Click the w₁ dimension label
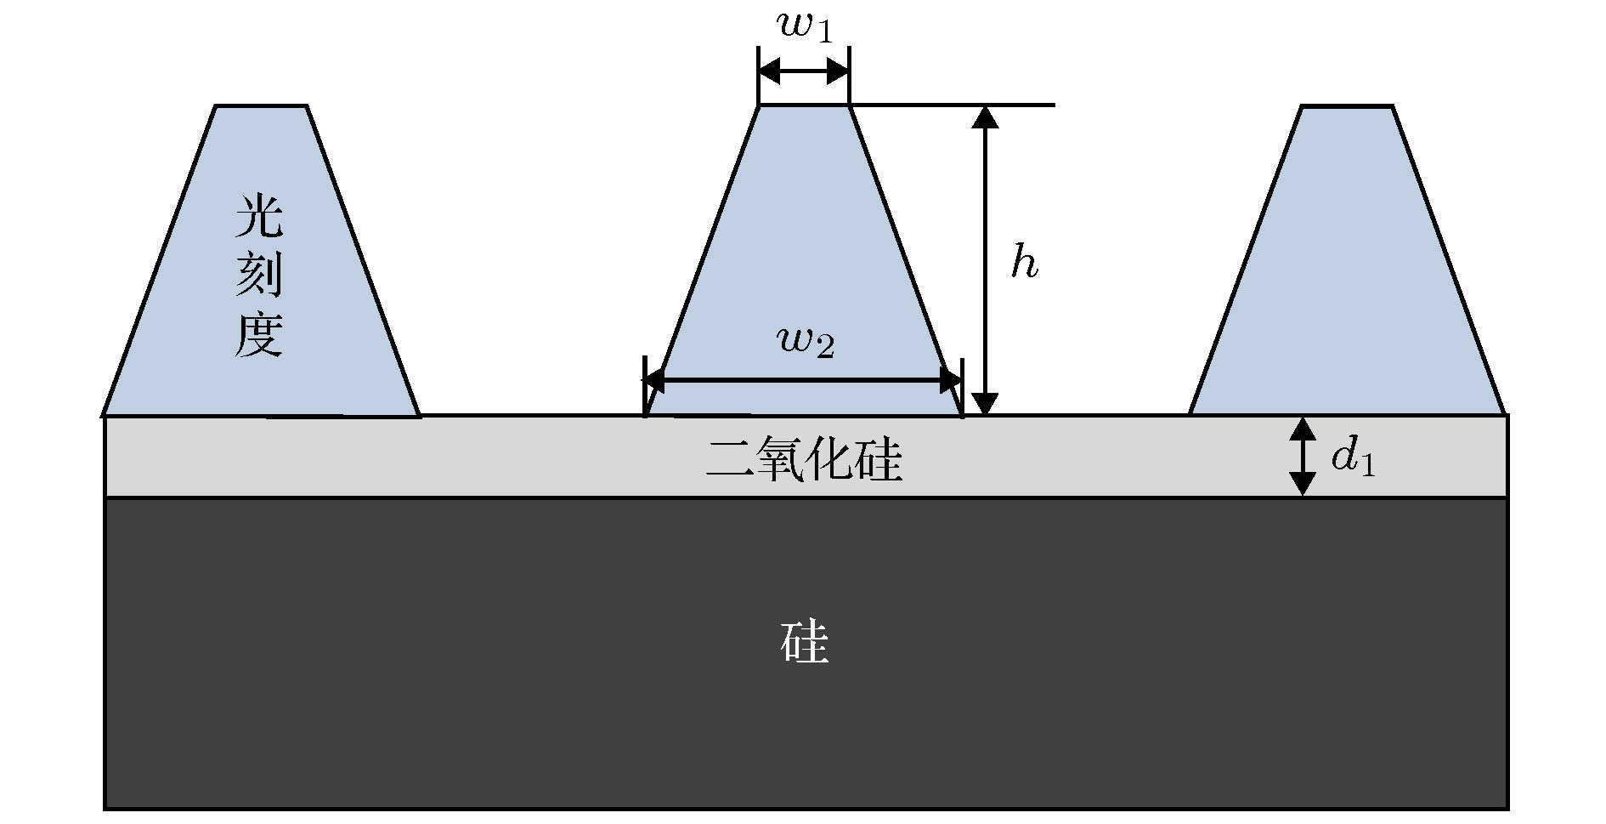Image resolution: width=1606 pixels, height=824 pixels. (805, 26)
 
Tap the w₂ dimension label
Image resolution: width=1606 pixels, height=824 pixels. (806, 343)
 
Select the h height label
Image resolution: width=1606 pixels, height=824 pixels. (1024, 262)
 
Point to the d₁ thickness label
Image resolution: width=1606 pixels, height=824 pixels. (1352, 457)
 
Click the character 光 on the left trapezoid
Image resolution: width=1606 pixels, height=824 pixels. (258, 216)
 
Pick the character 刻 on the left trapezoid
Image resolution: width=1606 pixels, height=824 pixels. (258, 275)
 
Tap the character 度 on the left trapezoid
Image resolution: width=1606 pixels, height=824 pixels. (258, 332)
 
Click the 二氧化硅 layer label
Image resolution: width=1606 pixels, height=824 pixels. (804, 460)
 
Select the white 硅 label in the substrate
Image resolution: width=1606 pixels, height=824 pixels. (804, 642)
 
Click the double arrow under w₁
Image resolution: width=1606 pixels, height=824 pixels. (804, 71)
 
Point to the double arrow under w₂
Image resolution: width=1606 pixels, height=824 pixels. (804, 380)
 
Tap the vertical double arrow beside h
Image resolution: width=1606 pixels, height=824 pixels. (985, 260)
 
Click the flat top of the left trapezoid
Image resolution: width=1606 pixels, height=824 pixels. (260, 106)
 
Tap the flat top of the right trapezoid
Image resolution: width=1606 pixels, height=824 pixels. (1348, 106)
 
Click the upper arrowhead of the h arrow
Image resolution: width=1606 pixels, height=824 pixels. (985, 116)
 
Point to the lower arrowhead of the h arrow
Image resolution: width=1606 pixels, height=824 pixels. (985, 404)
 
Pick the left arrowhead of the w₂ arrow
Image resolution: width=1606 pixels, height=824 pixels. (655, 380)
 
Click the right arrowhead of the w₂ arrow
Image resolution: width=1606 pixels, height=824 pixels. (952, 380)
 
